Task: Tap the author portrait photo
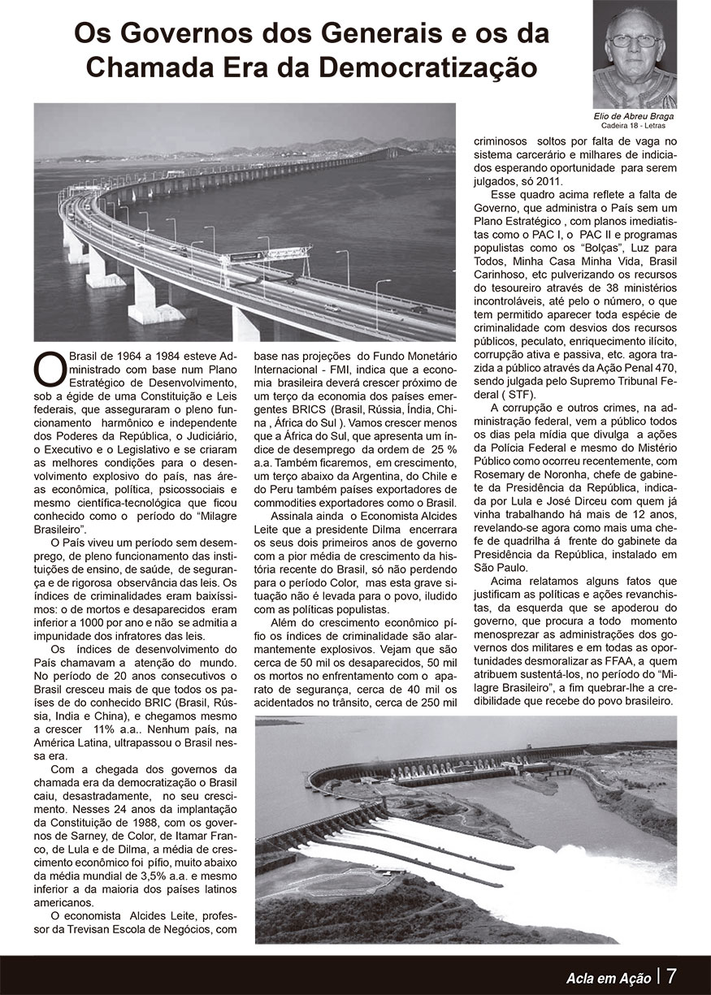634,54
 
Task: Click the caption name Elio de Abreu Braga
634,116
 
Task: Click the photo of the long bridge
245,221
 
